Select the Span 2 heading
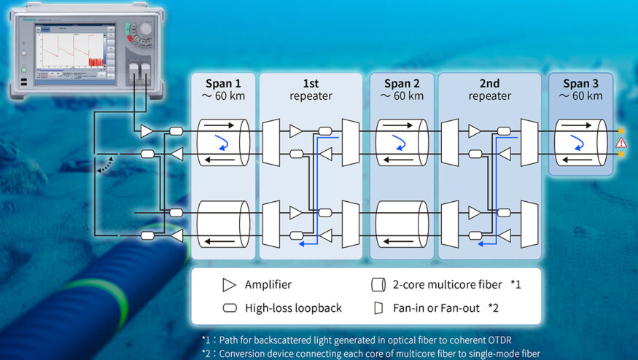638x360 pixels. point(402,82)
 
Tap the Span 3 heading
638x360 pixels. point(581,82)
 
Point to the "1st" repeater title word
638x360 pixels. point(311,82)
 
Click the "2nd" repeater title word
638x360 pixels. point(489,82)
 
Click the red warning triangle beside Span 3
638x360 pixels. point(621,142)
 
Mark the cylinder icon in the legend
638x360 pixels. point(378,284)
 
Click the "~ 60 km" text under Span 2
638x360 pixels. point(402,95)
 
